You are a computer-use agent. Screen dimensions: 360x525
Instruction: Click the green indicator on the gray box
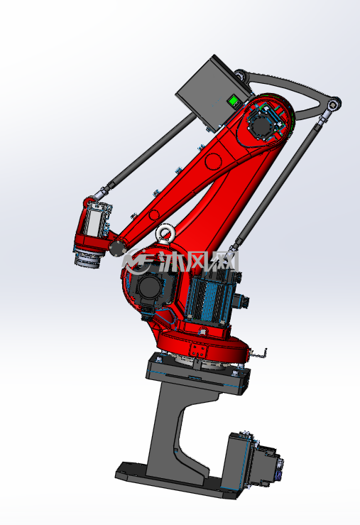point(233,99)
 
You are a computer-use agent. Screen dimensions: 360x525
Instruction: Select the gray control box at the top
point(214,92)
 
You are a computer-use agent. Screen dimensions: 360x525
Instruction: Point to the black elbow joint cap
point(117,248)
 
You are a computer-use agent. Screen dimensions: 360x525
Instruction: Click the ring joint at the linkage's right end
point(334,105)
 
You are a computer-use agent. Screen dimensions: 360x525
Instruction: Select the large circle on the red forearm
point(214,161)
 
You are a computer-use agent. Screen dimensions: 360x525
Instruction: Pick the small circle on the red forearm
point(154,215)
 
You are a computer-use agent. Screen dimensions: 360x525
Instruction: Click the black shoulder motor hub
point(149,286)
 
